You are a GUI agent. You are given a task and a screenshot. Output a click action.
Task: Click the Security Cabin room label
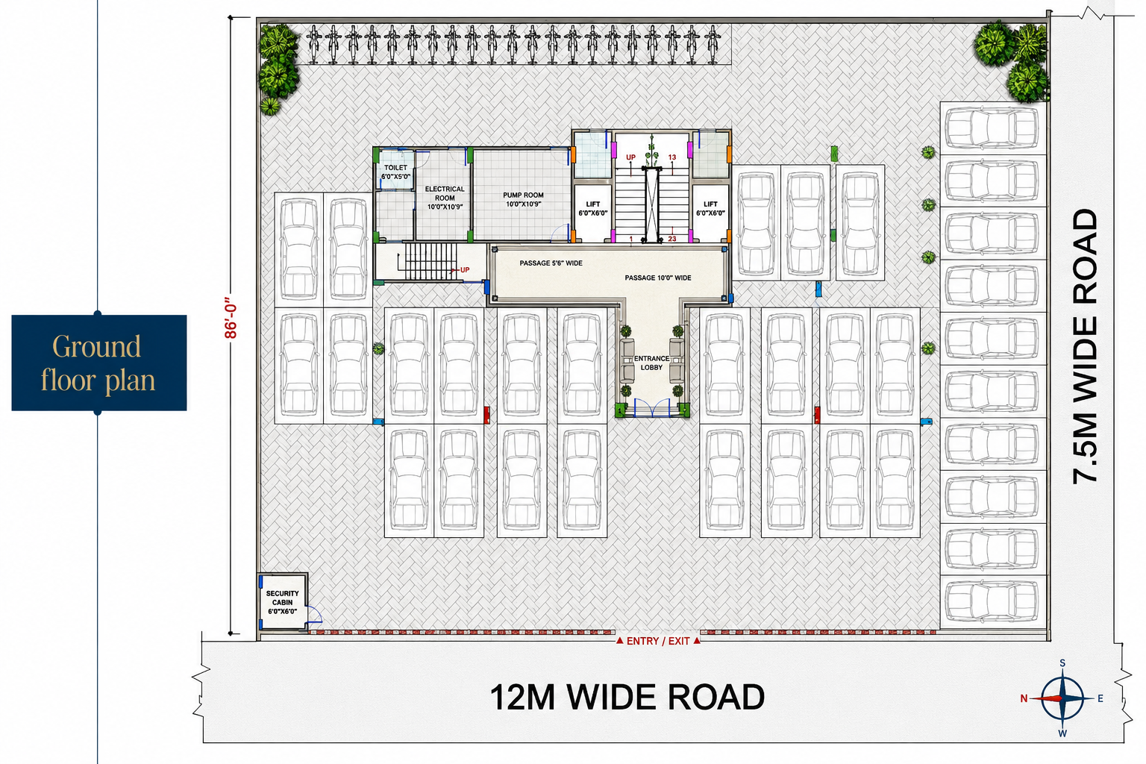pyautogui.click(x=282, y=602)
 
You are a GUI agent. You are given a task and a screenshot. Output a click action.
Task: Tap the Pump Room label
pyautogui.click(x=523, y=199)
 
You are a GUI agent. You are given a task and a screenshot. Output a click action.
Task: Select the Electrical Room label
pyautogui.click(x=445, y=198)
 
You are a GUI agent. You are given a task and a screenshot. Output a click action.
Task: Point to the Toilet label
pyautogui.click(x=395, y=172)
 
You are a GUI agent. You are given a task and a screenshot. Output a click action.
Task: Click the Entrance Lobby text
pyautogui.click(x=651, y=363)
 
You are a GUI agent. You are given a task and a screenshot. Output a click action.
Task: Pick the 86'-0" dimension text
pyautogui.click(x=231, y=318)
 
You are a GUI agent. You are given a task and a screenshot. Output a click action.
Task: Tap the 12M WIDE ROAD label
pyautogui.click(x=627, y=697)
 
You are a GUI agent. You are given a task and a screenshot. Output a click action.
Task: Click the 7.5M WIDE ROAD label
pyautogui.click(x=1085, y=346)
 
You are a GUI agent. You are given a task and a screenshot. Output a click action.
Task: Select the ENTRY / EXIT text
pyautogui.click(x=658, y=641)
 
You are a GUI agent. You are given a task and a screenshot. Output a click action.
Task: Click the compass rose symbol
pyautogui.click(x=1062, y=698)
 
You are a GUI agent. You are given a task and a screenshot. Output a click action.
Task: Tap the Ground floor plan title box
pyautogui.click(x=98, y=363)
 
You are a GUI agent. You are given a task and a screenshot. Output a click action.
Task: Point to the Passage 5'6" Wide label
pyautogui.click(x=551, y=263)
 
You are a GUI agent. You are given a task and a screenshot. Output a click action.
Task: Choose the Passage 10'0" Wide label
pyautogui.click(x=658, y=278)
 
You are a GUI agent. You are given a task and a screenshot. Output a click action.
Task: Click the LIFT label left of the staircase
pyautogui.click(x=593, y=208)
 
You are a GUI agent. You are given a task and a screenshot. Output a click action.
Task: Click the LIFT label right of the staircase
pyautogui.click(x=710, y=208)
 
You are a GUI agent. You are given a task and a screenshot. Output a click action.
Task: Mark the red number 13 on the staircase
pyautogui.click(x=671, y=157)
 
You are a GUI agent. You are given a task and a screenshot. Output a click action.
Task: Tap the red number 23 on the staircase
pyautogui.click(x=671, y=239)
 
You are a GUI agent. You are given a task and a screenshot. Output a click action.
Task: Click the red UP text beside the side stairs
pyautogui.click(x=465, y=269)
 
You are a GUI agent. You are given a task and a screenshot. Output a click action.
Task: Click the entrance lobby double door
pyautogui.click(x=652, y=408)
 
